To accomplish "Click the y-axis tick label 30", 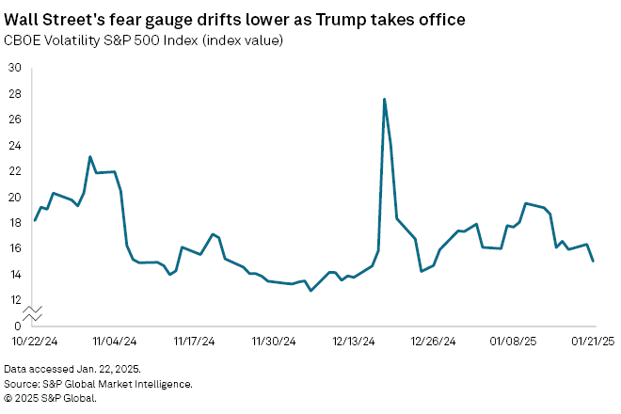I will click(14, 68).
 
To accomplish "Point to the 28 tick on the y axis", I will click(14, 94).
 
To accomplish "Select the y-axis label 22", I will click(14, 171).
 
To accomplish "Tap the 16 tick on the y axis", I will click(14, 248).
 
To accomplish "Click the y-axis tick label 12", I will click(14, 300).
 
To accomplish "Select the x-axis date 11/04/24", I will click(114, 342).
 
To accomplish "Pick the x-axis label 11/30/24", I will click(274, 342).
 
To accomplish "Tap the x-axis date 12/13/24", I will click(355, 342).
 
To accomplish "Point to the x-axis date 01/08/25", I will click(515, 342).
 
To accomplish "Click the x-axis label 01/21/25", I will click(594, 342).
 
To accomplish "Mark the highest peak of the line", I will click(385, 99).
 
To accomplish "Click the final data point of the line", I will click(593, 261).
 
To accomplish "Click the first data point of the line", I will click(35, 220).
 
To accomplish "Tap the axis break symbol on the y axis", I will click(31, 310).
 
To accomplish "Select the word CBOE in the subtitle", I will click(23, 40).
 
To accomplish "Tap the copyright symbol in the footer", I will click(8, 398).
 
